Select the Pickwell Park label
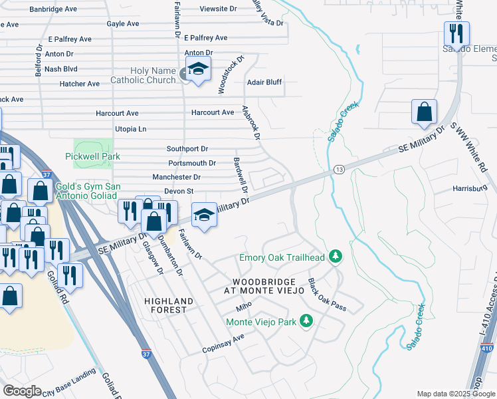91,156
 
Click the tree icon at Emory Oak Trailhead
336,257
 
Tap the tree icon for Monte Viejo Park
306,322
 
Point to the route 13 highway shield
338,170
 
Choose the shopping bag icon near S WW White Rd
424,113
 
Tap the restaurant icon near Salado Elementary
456,33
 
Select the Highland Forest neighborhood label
169,306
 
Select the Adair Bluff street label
264,82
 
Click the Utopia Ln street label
121,128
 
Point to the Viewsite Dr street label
219,9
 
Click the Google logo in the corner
22,391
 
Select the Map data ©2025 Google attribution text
455,394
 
